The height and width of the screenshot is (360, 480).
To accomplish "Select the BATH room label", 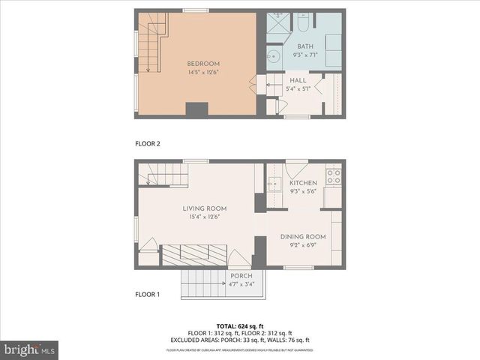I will tap(304, 46).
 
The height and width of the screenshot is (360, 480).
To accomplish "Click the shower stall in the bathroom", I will tap(277, 22).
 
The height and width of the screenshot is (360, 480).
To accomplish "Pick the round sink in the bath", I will tap(273, 56).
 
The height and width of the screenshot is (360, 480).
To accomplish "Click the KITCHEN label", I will tap(304, 183).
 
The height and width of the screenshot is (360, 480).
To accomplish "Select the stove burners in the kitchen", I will tap(333, 177).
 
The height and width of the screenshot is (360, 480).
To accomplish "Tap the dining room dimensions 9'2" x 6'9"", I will tap(304, 245).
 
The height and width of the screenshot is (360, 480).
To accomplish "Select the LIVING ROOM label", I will tap(205, 208).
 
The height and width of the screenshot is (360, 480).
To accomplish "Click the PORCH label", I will tap(241, 276).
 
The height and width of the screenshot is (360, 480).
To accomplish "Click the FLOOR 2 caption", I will tap(147, 142).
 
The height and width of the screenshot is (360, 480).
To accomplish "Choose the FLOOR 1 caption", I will tap(147, 294).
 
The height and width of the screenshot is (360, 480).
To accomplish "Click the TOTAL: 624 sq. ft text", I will tap(240, 325).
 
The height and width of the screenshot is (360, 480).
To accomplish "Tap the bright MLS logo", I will tap(30, 349).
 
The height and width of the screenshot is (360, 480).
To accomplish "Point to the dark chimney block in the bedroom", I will tap(196, 109).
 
